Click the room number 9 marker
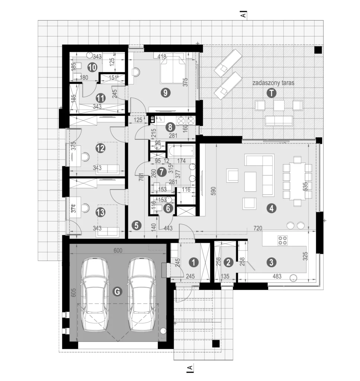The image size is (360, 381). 165,93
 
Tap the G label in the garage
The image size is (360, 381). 117,291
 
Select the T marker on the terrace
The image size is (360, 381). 271,93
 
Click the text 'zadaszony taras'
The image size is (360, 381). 273,83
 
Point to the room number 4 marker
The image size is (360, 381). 271,208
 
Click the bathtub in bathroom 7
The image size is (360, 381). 181,151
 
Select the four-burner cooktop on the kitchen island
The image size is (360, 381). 283,240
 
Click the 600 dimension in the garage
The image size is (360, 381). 118,250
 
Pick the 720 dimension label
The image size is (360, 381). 258,228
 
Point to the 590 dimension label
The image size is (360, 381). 213,192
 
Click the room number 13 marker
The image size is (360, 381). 100,212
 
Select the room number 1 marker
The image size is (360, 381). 194,262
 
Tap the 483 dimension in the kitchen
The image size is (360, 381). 277,276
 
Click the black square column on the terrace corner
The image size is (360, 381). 318,50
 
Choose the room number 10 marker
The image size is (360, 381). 92,67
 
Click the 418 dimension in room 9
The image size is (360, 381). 162,57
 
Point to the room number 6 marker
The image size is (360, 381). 168,208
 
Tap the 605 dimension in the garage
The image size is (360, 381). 74,292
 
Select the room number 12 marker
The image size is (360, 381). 100,148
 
